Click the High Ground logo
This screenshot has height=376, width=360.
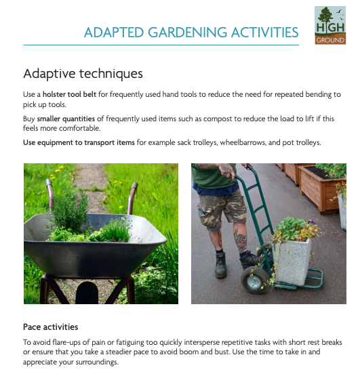coord(330,24)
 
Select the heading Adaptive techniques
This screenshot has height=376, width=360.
coord(83,73)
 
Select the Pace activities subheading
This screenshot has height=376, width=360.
coord(50,327)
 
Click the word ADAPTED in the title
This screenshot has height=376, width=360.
coord(111,33)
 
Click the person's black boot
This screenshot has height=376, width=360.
coord(220,264)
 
